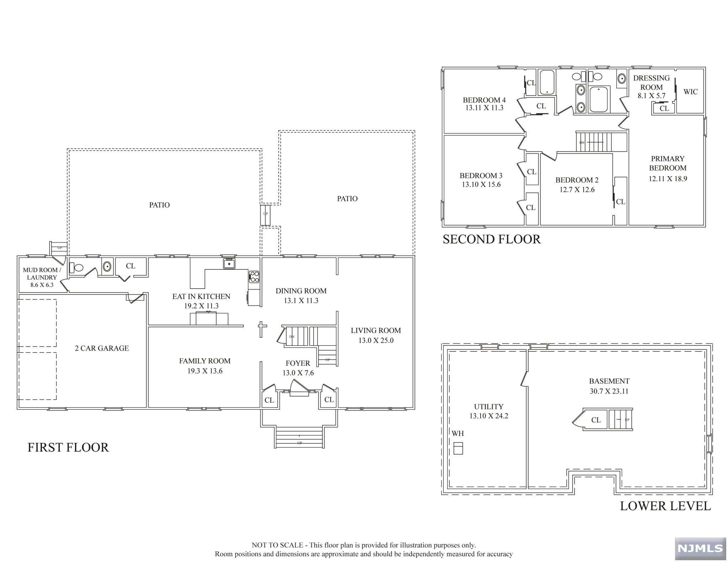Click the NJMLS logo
pos(700,549)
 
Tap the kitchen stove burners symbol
pos(254,277)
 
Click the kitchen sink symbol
pos(229,264)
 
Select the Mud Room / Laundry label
pos(42,273)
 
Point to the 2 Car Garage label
pos(102,348)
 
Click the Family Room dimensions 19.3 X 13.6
pos(205,371)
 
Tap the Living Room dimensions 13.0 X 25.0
pos(376,340)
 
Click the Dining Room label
pos(301,291)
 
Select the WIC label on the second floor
pos(691,92)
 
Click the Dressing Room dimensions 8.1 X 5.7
pos(652,96)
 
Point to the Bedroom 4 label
pos(484,100)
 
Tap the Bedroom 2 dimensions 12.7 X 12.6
pos(577,190)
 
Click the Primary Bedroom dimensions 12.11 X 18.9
pos(668,179)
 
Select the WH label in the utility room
pos(458,433)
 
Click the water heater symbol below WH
pos(458,448)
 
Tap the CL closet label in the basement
pos(596,420)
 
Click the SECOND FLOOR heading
pos(492,239)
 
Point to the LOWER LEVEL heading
pos(665,506)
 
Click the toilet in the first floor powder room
pos(76,267)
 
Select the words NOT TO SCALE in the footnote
pos(277,545)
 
